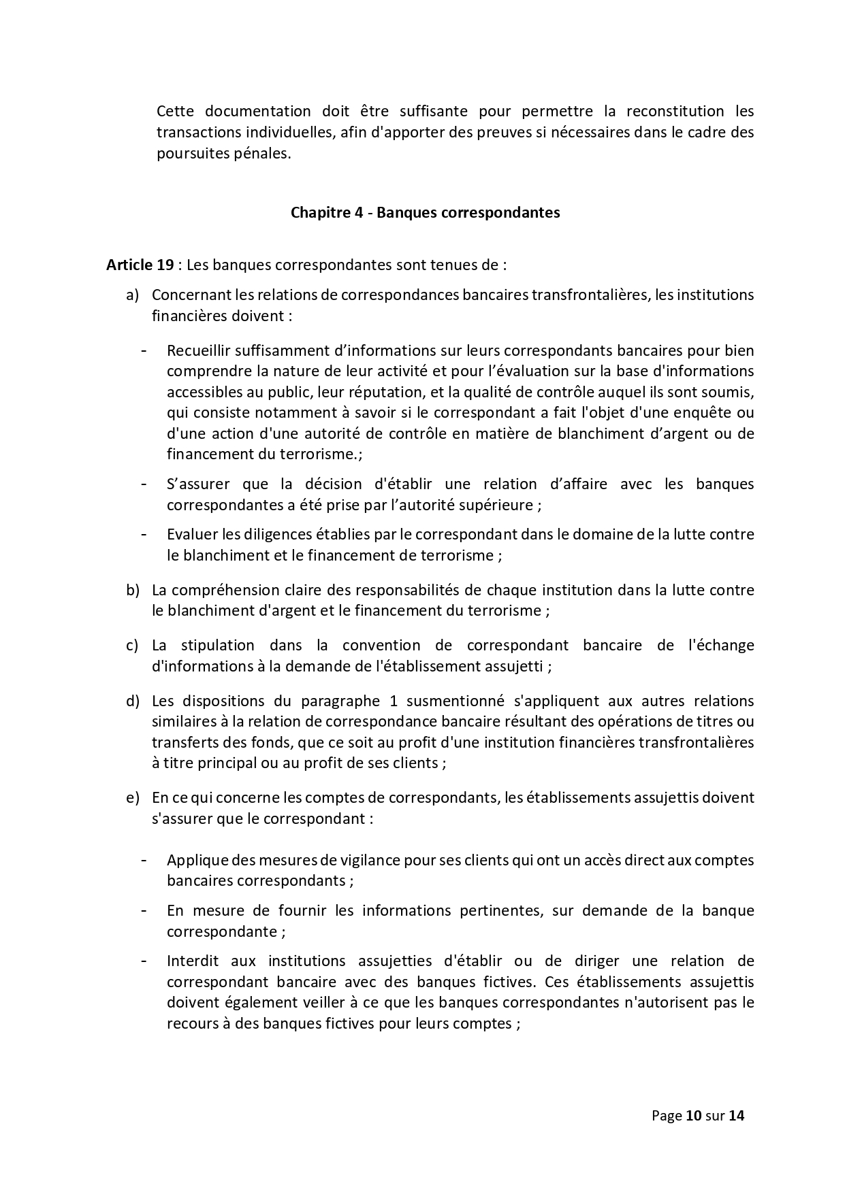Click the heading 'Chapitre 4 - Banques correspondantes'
point(425,212)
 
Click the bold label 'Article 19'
point(140,265)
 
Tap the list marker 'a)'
point(132,295)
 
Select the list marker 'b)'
point(132,590)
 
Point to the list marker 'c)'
point(132,645)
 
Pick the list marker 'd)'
point(132,701)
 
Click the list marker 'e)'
point(132,797)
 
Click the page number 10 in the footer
point(693,1116)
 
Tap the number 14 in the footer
point(736,1116)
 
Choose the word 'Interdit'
point(193,961)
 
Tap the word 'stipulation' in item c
point(218,645)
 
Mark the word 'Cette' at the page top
point(176,111)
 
